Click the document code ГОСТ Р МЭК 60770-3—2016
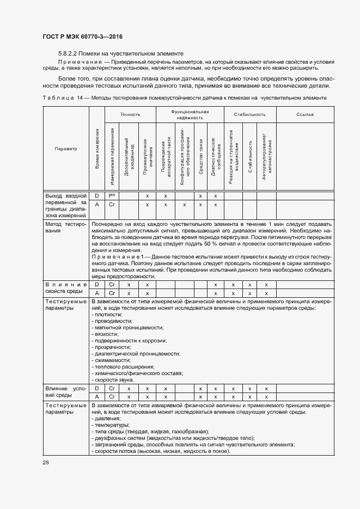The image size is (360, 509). pos(82,36)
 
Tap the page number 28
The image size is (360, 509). pos(45,462)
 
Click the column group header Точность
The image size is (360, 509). pos(131,114)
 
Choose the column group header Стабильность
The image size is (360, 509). pos(249,114)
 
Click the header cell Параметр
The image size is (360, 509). pos(65,148)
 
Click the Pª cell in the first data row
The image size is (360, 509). pos(112,195)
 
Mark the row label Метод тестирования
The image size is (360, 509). pos(65,227)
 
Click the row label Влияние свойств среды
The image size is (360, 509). pos(65,288)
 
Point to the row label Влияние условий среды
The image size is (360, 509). pos(65,393)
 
